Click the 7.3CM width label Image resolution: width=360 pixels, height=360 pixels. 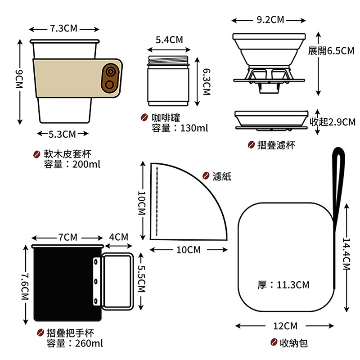pos(63,28)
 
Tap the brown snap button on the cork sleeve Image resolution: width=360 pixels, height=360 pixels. pos(110,78)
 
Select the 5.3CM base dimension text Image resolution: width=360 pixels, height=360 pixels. pos(62,134)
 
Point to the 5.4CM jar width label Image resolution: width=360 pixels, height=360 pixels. pos(169,40)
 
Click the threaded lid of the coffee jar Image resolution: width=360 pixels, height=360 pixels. pos(168,60)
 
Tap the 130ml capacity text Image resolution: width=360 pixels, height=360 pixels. pos(194,128)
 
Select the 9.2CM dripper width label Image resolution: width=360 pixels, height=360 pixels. pos(270,20)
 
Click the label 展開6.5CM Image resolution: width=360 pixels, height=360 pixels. pos(331,51)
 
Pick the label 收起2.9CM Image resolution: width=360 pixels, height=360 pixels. pos(332,122)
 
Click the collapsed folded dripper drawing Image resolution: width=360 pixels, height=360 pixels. pos(271,121)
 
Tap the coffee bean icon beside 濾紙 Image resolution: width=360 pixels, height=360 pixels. pos(206,175)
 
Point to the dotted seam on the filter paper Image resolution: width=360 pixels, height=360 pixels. pos(157,202)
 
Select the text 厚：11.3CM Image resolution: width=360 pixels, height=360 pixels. pos(283,285)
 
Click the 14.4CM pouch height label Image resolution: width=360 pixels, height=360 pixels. pos(346,254)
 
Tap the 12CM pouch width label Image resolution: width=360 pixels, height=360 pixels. pos(285,326)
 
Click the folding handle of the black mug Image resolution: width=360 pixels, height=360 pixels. pos(117,281)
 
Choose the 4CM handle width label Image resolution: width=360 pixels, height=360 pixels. pos(118,237)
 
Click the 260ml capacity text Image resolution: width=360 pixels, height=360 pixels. pos(89,343)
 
